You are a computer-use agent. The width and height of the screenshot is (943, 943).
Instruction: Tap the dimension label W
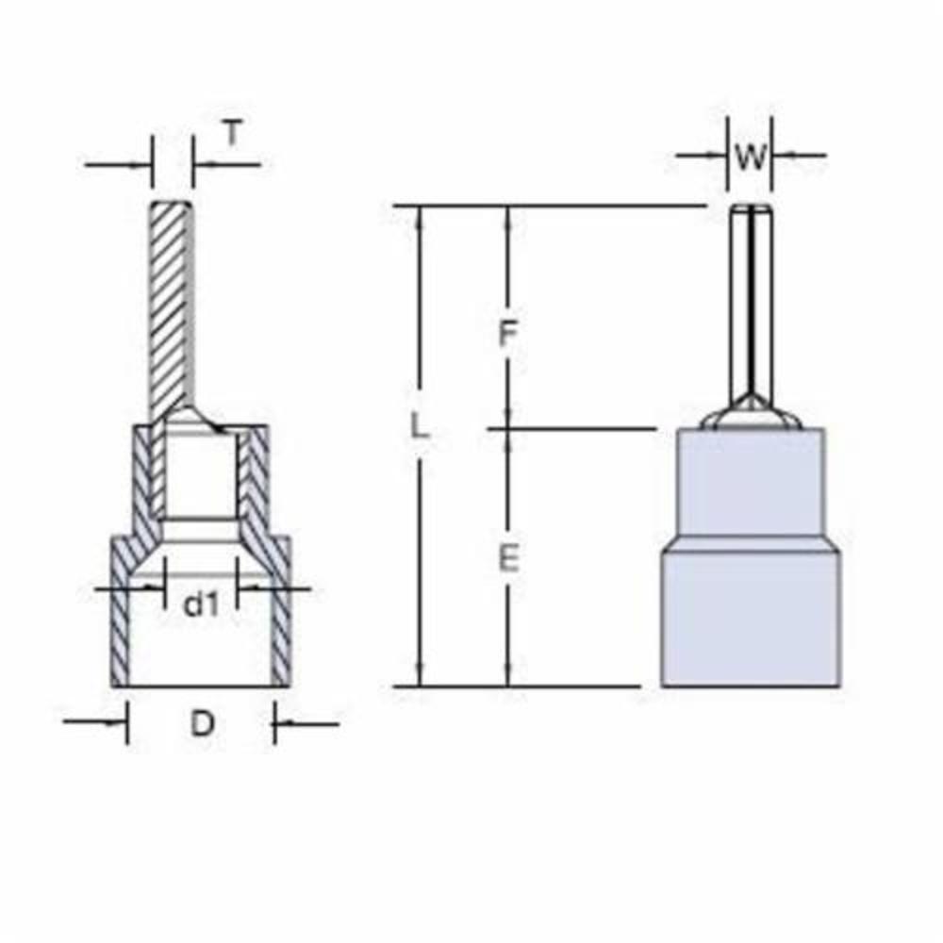[x=751, y=157]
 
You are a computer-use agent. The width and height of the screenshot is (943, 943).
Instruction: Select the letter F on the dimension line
[x=508, y=334]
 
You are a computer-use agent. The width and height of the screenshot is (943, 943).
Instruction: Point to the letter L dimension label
[x=421, y=427]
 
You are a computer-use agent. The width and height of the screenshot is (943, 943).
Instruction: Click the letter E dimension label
[x=508, y=559]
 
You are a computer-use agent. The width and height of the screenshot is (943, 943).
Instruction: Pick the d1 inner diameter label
[x=200, y=604]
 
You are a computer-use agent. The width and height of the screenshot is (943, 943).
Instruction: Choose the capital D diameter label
[x=203, y=724]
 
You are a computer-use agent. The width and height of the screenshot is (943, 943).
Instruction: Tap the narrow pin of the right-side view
[x=751, y=302]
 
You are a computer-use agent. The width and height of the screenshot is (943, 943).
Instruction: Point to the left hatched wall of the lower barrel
[x=121, y=622]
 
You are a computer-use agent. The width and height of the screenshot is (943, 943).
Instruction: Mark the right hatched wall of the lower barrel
[x=281, y=622]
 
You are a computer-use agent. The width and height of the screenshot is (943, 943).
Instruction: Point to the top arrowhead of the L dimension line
[x=422, y=215]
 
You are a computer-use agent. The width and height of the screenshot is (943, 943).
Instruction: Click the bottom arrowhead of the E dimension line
[x=508, y=676]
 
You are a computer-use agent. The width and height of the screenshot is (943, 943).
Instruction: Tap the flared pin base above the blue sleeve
[x=751, y=414]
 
